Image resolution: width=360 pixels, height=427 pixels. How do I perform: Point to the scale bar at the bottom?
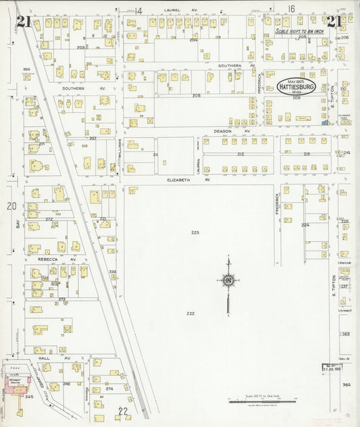[254, 401]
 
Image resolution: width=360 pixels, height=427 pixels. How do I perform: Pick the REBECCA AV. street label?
[61, 259]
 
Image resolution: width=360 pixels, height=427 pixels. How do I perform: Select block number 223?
[195, 232]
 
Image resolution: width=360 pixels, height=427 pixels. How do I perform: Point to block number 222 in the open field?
[190, 313]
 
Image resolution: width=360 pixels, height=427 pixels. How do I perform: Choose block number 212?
[240, 155]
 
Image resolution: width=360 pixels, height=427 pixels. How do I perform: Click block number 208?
[196, 96]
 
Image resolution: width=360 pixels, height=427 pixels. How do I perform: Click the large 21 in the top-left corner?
[24, 22]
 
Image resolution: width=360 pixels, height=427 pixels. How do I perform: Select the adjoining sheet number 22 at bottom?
[123, 411]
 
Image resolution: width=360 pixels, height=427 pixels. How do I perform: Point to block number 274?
[109, 389]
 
